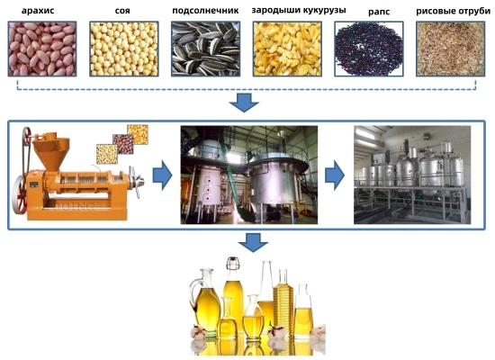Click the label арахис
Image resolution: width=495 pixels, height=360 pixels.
[x=38, y=11]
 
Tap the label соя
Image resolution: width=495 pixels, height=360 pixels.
[x=122, y=11]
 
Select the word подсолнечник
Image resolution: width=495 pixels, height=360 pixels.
[x=205, y=11]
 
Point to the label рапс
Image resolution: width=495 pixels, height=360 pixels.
[x=379, y=13]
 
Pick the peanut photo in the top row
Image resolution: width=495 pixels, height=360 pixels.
[x=42, y=49]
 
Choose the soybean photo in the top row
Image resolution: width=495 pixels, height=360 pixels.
[x=124, y=49]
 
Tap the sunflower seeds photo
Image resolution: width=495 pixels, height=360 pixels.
[x=205, y=49]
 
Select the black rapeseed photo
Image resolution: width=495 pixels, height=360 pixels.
[x=369, y=49]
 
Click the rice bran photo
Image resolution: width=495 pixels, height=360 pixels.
[x=450, y=49]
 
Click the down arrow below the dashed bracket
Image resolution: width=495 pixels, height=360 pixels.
[x=244, y=103]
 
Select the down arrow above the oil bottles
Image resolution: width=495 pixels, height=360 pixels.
[x=253, y=242]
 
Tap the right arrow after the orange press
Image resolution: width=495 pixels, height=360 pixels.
[x=163, y=175]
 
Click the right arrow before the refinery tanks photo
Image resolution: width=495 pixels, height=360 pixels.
[x=335, y=175]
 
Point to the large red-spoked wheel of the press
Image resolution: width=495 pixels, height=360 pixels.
[x=20, y=194]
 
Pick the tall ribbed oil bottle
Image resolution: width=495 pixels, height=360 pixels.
[x=283, y=302]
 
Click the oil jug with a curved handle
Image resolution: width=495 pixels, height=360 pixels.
[x=204, y=301]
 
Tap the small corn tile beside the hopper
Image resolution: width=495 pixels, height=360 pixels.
[x=138, y=134]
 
